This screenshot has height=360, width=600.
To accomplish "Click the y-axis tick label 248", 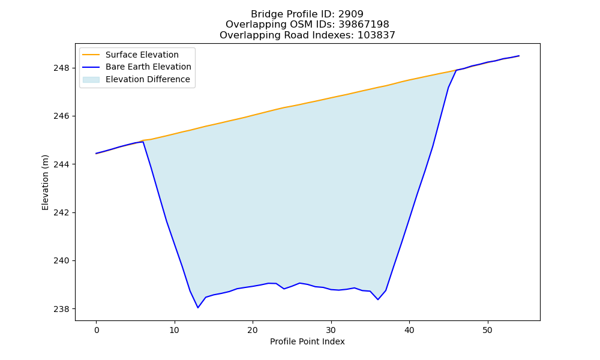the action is coord(62,68).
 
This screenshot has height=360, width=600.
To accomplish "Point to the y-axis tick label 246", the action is coord(62,116).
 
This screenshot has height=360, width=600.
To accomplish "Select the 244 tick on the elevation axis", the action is coord(62,164).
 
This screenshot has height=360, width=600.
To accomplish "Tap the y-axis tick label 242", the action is coord(62,213).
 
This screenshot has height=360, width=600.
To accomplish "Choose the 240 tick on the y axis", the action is coord(62,261).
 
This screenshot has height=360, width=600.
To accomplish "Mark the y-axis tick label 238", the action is coord(62,309).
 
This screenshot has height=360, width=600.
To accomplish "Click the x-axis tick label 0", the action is coord(97,330).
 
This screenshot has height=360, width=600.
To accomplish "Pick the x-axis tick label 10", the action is coord(175,330).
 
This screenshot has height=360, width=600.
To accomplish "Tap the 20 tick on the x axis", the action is coord(253,330).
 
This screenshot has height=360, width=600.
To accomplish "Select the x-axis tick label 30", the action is coord(331,330).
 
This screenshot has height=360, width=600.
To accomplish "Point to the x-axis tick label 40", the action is coord(409,330).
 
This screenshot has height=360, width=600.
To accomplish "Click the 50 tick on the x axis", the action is coord(488,330).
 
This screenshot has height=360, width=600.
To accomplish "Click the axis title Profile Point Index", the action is coord(307,341).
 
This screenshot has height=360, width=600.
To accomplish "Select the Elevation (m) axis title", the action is coord(45,182).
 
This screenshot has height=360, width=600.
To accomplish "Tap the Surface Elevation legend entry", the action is coord(142,55).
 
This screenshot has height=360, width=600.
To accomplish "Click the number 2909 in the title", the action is coord(350,14).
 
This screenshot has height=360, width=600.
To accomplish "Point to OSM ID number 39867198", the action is coord(364,25).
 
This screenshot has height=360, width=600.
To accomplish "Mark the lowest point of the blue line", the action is coord(198,308).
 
